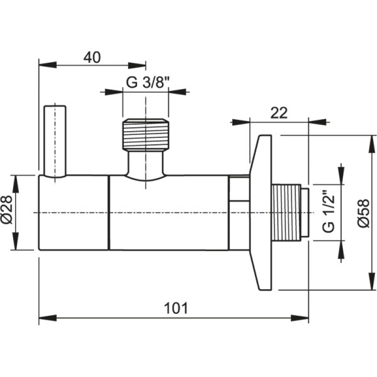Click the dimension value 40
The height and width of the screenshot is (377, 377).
pyautogui.click(x=92, y=57)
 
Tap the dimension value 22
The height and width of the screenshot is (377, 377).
pyautogui.click(x=279, y=113)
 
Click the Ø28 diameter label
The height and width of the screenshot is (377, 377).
pyautogui.click(x=7, y=210)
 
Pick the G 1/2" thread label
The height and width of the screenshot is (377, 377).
pyautogui.click(x=328, y=212)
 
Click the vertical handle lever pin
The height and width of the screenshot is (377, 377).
pyautogui.click(x=55, y=141)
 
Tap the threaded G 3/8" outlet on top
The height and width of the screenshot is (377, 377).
pyautogui.click(x=146, y=134)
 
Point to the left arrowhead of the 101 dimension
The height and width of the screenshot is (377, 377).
pyautogui.click(x=48, y=318)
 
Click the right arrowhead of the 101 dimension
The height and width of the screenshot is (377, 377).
pyautogui.click(x=300, y=318)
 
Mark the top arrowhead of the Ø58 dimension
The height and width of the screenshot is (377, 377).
pyautogui.click(x=372, y=144)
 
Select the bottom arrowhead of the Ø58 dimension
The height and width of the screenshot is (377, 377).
pyautogui.click(x=372, y=281)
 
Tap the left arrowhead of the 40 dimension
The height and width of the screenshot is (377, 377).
pyautogui.click(x=48, y=65)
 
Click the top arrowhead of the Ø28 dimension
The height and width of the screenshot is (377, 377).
pyautogui.click(x=16, y=184)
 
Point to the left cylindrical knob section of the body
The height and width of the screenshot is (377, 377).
pyautogui.click(x=74, y=213)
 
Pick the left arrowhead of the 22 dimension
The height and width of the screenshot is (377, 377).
pyautogui.click(x=240, y=122)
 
